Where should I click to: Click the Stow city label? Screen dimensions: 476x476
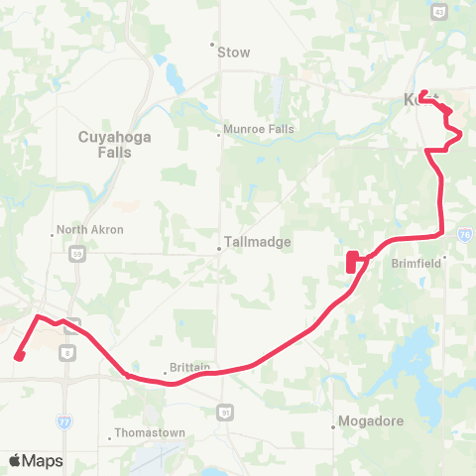click(234, 52)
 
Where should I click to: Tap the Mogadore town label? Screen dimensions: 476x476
click(371, 420)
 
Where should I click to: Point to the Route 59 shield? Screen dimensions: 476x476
click(76, 255)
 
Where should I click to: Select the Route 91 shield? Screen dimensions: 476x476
click(227, 411)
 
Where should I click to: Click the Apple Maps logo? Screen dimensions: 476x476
click(36, 461)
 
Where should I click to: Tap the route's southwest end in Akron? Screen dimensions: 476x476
click(19, 357)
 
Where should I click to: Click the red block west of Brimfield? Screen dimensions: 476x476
click(352, 263)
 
